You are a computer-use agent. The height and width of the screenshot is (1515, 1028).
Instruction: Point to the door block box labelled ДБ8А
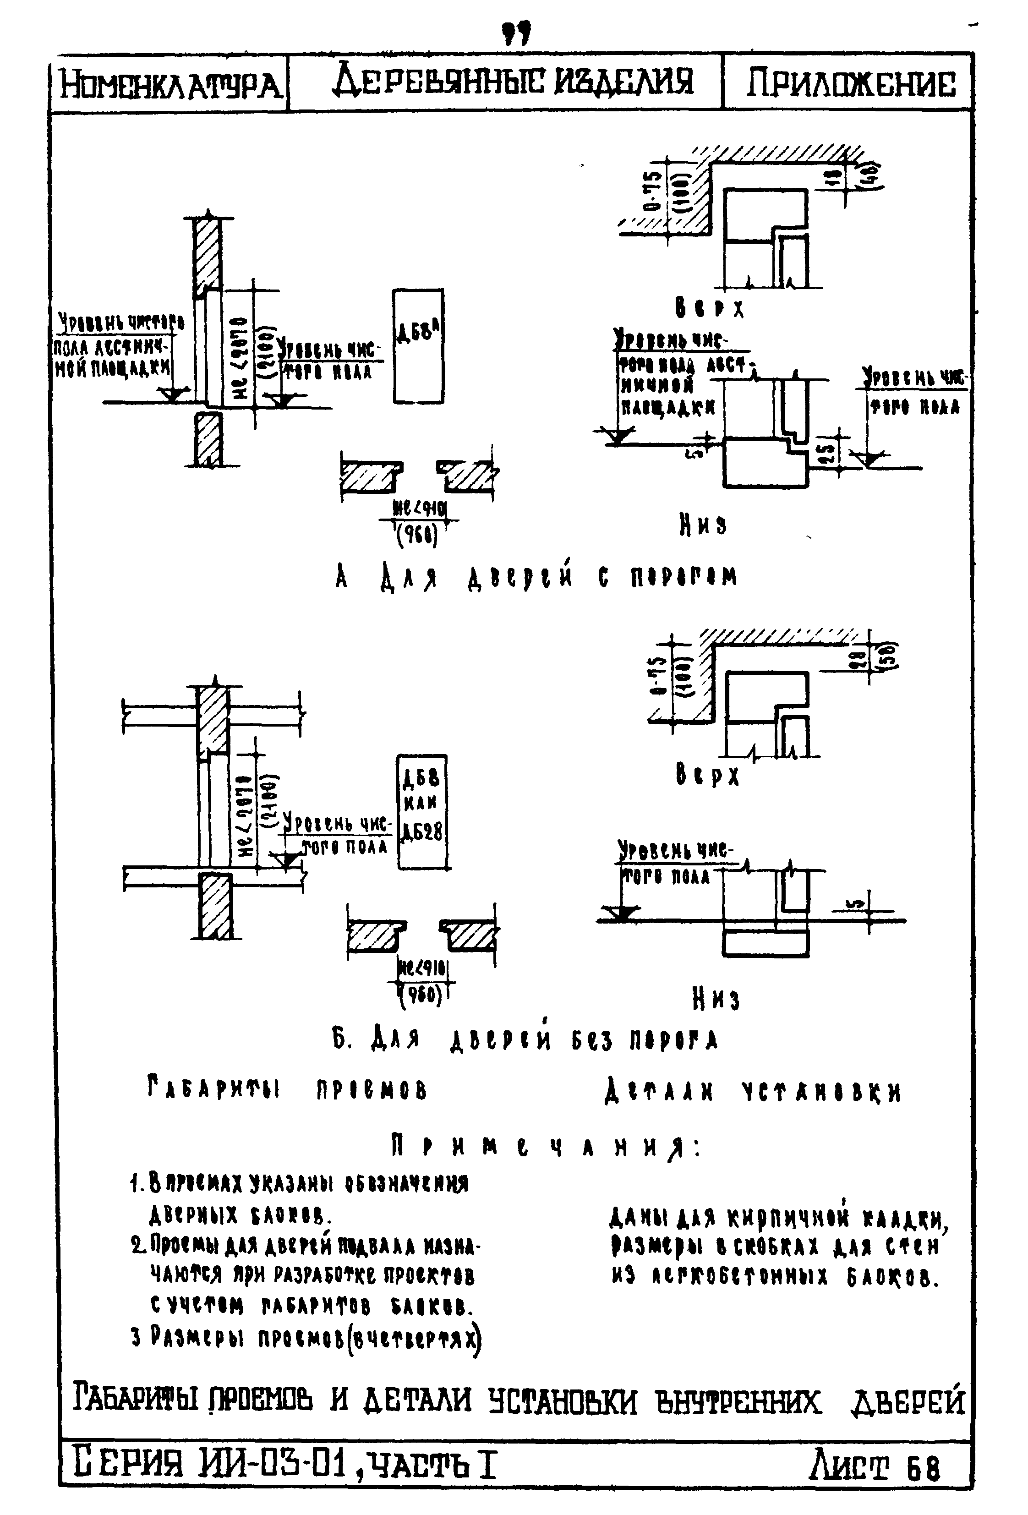coord(418,347)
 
